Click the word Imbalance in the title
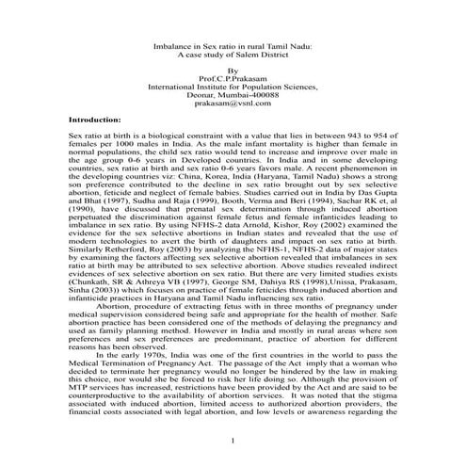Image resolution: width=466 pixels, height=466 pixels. pos(171,43)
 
